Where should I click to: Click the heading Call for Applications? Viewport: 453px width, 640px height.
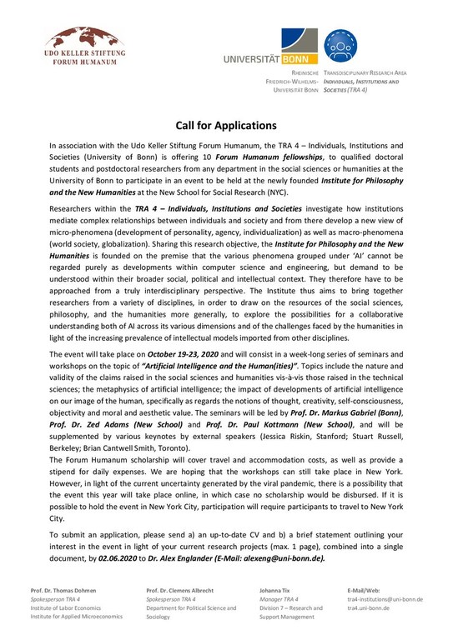(x=226, y=126)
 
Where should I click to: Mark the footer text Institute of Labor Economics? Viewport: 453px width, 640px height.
(x=68, y=609)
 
